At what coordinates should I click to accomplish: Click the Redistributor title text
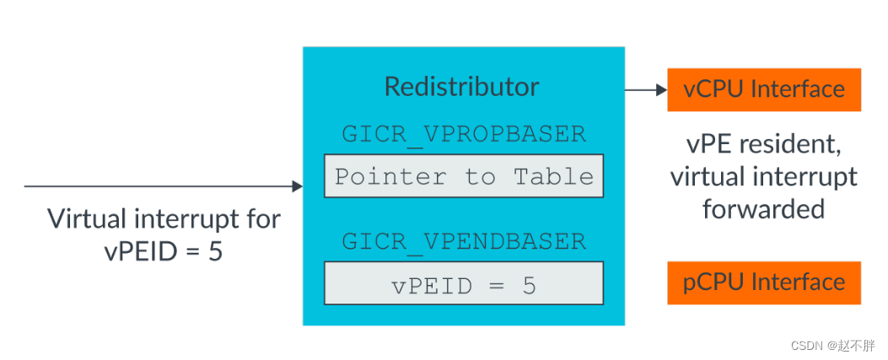(462, 87)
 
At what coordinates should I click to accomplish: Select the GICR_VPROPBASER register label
(463, 134)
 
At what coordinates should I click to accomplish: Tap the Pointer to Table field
(464, 176)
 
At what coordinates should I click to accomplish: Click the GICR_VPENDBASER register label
(463, 241)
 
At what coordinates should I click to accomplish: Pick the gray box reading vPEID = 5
(464, 284)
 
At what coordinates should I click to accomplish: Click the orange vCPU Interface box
(763, 89)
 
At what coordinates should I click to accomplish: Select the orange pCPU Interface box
(763, 282)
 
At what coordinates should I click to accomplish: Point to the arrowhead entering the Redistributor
(297, 185)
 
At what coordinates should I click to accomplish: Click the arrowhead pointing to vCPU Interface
(661, 89)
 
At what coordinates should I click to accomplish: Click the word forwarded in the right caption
(763, 207)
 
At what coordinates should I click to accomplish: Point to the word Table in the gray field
(553, 176)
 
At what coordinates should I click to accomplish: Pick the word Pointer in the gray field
(378, 176)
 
